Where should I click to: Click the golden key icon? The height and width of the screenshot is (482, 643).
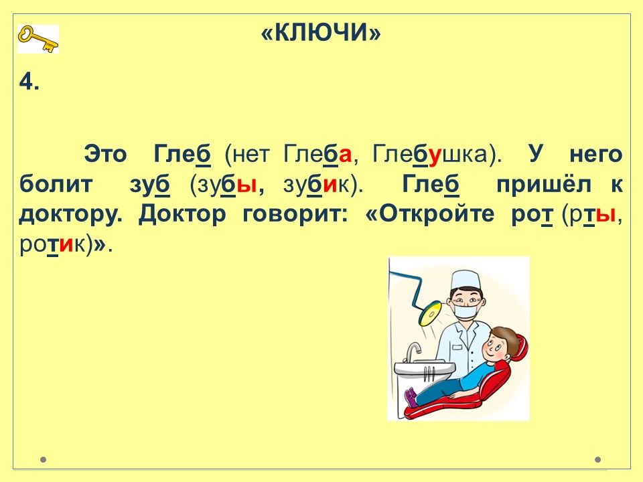(x=38, y=39)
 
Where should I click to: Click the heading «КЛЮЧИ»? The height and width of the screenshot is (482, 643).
(x=321, y=32)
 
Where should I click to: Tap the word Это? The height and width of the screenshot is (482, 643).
(x=105, y=155)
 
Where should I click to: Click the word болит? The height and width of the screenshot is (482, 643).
(x=56, y=185)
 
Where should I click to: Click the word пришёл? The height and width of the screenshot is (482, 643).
(x=544, y=185)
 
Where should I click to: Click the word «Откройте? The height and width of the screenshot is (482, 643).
(x=429, y=215)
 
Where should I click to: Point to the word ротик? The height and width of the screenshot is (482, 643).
(x=54, y=245)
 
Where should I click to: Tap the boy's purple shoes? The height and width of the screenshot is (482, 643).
(x=411, y=397)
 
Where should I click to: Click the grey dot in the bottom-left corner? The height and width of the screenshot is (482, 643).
(x=43, y=459)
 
